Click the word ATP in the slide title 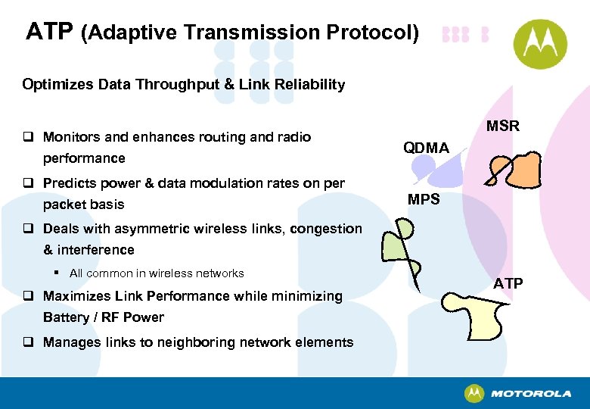pos(49,32)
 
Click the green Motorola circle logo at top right pos(540,43)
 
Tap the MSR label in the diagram pos(502,126)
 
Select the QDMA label pos(426,148)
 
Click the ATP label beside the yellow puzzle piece pos(508,283)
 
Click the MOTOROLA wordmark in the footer pos(531,394)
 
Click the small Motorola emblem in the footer pos(474,393)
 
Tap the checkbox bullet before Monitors pos(28,138)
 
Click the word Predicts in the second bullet pos(69,183)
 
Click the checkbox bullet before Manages pos(28,342)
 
